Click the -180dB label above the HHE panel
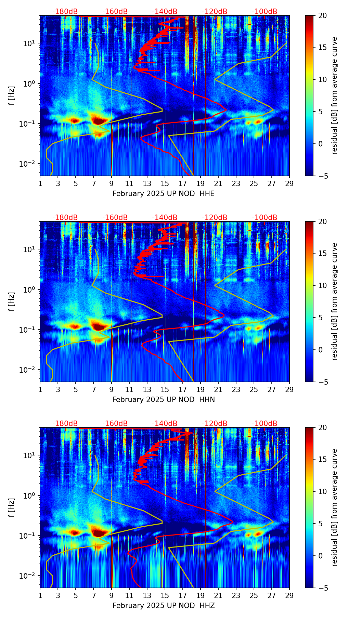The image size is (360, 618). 65,12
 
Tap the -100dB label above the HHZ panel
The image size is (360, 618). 265,424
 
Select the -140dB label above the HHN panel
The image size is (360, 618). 165,218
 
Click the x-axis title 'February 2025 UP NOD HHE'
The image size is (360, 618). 164,194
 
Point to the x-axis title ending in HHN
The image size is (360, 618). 164,400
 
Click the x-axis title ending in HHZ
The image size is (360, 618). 164,606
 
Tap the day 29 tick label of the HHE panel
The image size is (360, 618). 289,183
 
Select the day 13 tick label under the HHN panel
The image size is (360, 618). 147,389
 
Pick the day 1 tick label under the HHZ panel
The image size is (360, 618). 40,595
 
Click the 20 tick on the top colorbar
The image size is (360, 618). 322,16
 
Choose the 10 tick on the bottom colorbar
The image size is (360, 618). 322,491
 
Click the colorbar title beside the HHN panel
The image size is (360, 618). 334,301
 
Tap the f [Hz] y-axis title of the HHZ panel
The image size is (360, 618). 12,507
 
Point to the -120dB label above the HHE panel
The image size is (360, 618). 215,12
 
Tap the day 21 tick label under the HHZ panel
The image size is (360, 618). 218,595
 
